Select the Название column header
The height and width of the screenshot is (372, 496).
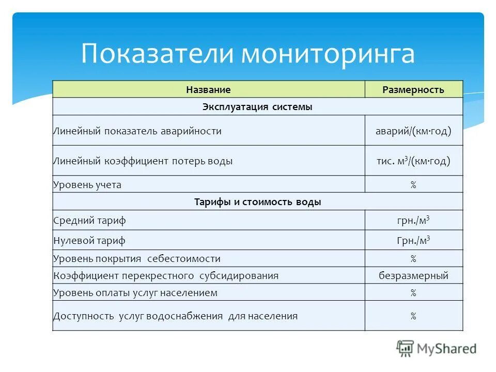208,90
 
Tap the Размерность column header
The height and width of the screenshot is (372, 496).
413,90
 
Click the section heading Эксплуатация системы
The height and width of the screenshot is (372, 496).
257,107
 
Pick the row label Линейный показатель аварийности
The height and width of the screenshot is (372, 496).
137,131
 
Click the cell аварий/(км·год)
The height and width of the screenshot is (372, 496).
413,131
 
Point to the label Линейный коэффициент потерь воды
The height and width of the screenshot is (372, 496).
143,161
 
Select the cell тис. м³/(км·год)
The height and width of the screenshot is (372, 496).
413,161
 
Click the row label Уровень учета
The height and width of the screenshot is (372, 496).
87,185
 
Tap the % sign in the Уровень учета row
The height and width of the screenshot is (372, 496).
413,185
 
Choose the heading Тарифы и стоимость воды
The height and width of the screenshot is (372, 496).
257,202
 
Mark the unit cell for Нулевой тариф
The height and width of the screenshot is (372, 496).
413,241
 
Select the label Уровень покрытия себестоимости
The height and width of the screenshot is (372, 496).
137,259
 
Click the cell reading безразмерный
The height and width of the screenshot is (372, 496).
413,276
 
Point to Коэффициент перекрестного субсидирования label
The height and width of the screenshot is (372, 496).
166,276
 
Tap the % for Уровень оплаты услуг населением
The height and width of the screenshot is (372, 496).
413,293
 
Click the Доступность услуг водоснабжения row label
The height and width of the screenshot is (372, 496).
176,316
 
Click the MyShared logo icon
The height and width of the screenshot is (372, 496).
406,349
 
